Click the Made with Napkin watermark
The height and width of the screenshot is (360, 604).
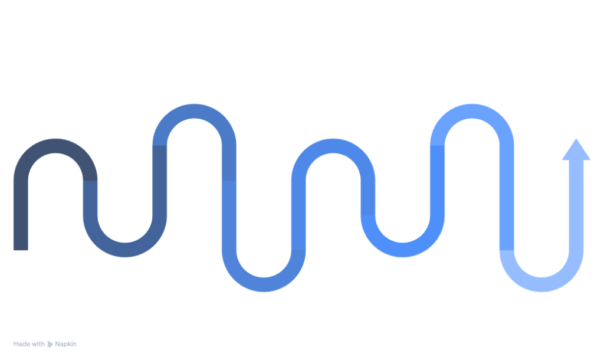click(45, 343)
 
